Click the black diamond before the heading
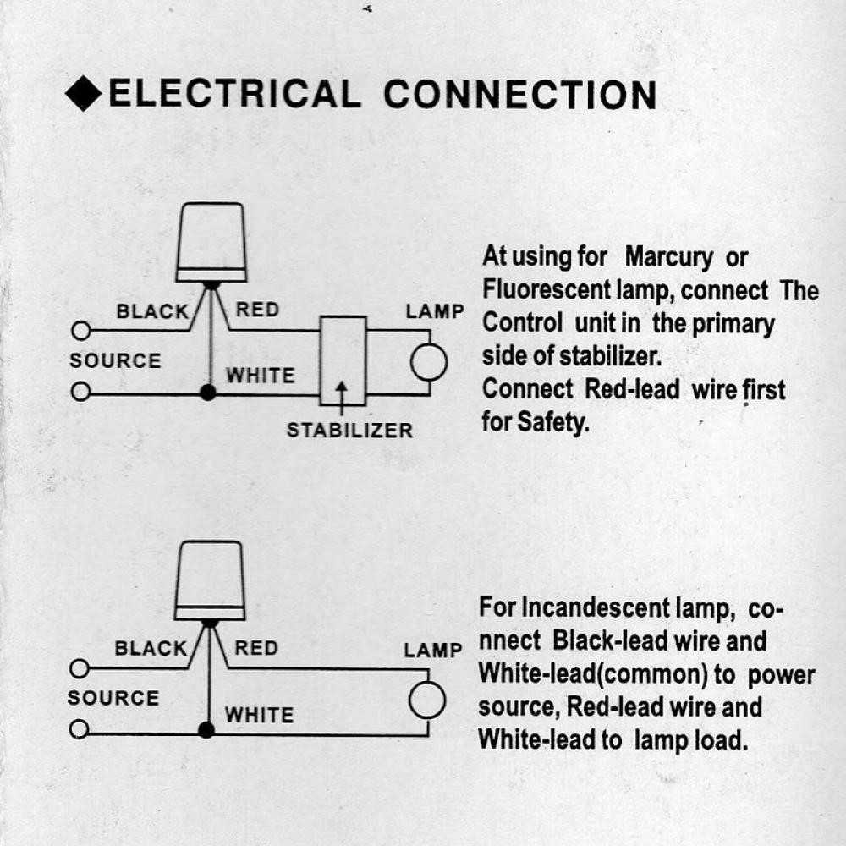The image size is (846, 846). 84,93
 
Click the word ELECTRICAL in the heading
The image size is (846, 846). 234,93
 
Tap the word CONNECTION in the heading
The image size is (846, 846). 520,96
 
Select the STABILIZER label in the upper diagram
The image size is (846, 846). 349,430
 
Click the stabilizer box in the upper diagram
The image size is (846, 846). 343,360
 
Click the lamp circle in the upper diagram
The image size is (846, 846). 429,362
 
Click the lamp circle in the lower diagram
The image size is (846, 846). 427,700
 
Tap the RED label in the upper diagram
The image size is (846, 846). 257,310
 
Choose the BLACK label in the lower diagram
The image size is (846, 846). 151,648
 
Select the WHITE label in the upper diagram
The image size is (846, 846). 261,376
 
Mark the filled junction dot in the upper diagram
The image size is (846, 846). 208,393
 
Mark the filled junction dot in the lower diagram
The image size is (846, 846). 206,730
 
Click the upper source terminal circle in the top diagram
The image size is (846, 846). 81,331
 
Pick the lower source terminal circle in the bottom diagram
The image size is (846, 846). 80,729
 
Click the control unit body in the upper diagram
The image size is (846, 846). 211,242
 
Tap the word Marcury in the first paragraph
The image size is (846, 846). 669,258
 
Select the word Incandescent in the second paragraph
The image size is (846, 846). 596,608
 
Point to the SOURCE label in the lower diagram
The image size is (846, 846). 113,698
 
